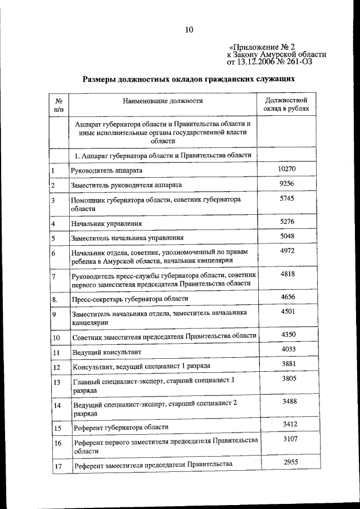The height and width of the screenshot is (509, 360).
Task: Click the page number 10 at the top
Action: pos(189,30)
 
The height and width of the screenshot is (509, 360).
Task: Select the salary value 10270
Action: pos(287,169)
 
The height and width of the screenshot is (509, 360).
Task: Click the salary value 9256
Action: pos(287,183)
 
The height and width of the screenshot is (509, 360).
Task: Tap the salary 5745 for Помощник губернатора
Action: pos(287,199)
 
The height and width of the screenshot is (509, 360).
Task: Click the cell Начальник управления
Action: pos(105,224)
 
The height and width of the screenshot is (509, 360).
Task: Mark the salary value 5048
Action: pos(287,236)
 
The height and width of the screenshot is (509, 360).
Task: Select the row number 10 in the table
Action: pos(56,337)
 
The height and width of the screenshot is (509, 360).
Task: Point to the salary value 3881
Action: pos(287,364)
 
